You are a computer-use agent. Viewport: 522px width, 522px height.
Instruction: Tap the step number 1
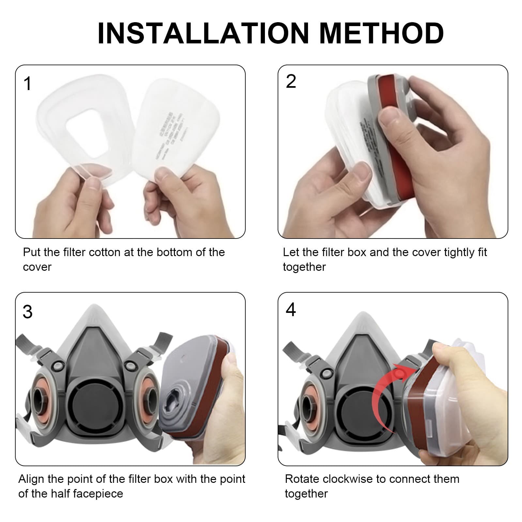(28, 84)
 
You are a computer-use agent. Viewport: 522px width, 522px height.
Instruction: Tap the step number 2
(291, 81)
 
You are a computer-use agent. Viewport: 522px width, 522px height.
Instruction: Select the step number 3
(28, 312)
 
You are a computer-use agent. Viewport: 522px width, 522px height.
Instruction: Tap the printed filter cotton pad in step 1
(170, 127)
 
